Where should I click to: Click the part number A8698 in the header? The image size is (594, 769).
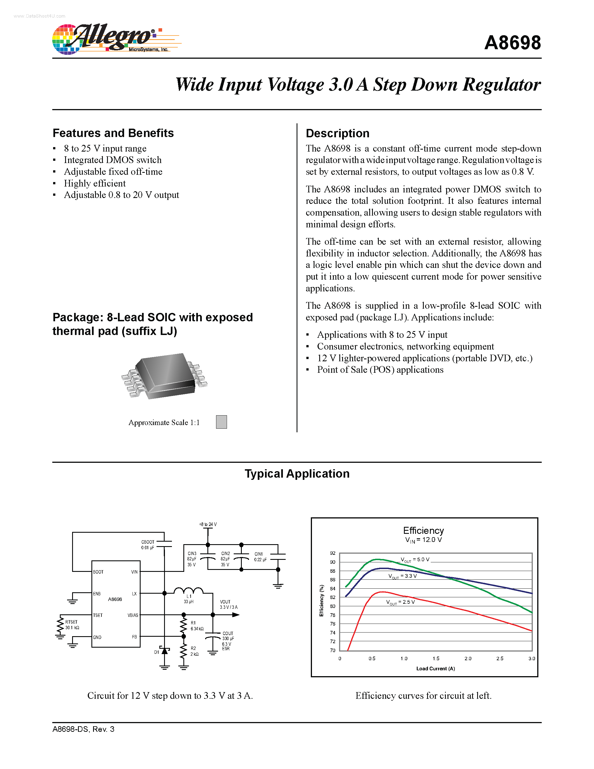click(512, 43)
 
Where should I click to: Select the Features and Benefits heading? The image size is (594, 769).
click(113, 133)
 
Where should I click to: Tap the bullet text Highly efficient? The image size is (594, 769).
click(95, 183)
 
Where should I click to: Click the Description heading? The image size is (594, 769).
click(337, 133)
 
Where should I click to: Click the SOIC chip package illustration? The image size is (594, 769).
click(165, 376)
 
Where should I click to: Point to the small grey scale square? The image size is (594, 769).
click(221, 422)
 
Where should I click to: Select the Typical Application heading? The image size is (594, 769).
click(297, 474)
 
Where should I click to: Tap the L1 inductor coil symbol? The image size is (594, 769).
click(188, 591)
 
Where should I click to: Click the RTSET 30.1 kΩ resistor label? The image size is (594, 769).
click(72, 625)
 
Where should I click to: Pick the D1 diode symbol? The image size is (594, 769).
click(164, 650)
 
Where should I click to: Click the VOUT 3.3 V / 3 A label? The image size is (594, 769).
click(228, 604)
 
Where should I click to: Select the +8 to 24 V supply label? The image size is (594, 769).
click(208, 524)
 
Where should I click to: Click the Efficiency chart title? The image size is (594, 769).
click(423, 531)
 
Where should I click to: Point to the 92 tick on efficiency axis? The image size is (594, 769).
click(333, 553)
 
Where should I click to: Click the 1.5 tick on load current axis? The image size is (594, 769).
click(436, 659)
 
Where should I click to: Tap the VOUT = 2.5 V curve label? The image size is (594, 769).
click(401, 602)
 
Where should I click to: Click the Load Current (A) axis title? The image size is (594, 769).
click(435, 669)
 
